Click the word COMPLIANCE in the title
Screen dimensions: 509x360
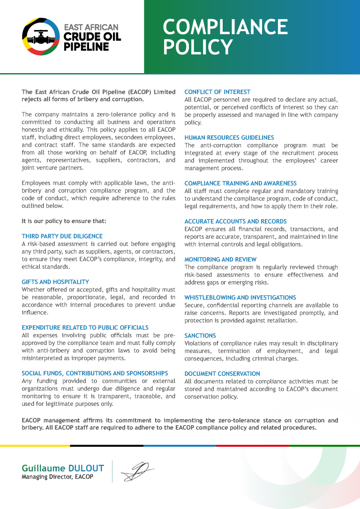[x=225, y=27]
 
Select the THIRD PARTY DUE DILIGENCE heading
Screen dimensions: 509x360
[x=62, y=236]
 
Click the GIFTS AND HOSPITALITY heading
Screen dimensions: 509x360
[x=55, y=282]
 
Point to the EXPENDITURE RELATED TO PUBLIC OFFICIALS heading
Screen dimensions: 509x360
[x=85, y=328]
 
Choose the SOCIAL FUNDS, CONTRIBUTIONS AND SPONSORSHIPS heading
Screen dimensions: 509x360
[x=95, y=373]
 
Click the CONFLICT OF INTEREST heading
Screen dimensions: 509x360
[x=217, y=92]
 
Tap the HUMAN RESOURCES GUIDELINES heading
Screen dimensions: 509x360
[x=229, y=138]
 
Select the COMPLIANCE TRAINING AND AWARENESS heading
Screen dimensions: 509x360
[x=240, y=183]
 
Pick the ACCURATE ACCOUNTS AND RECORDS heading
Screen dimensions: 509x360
[x=235, y=221]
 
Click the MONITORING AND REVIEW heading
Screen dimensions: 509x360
[x=220, y=259]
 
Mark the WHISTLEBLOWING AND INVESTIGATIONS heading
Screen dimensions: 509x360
[x=240, y=298]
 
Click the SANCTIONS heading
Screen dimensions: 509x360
[x=200, y=336]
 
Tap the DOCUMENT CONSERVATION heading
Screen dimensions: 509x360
[x=222, y=374]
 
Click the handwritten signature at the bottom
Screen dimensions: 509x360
[x=136, y=472]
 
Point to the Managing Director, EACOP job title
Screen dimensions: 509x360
[x=57, y=477]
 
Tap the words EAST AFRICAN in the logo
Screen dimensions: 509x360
[x=91, y=27]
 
